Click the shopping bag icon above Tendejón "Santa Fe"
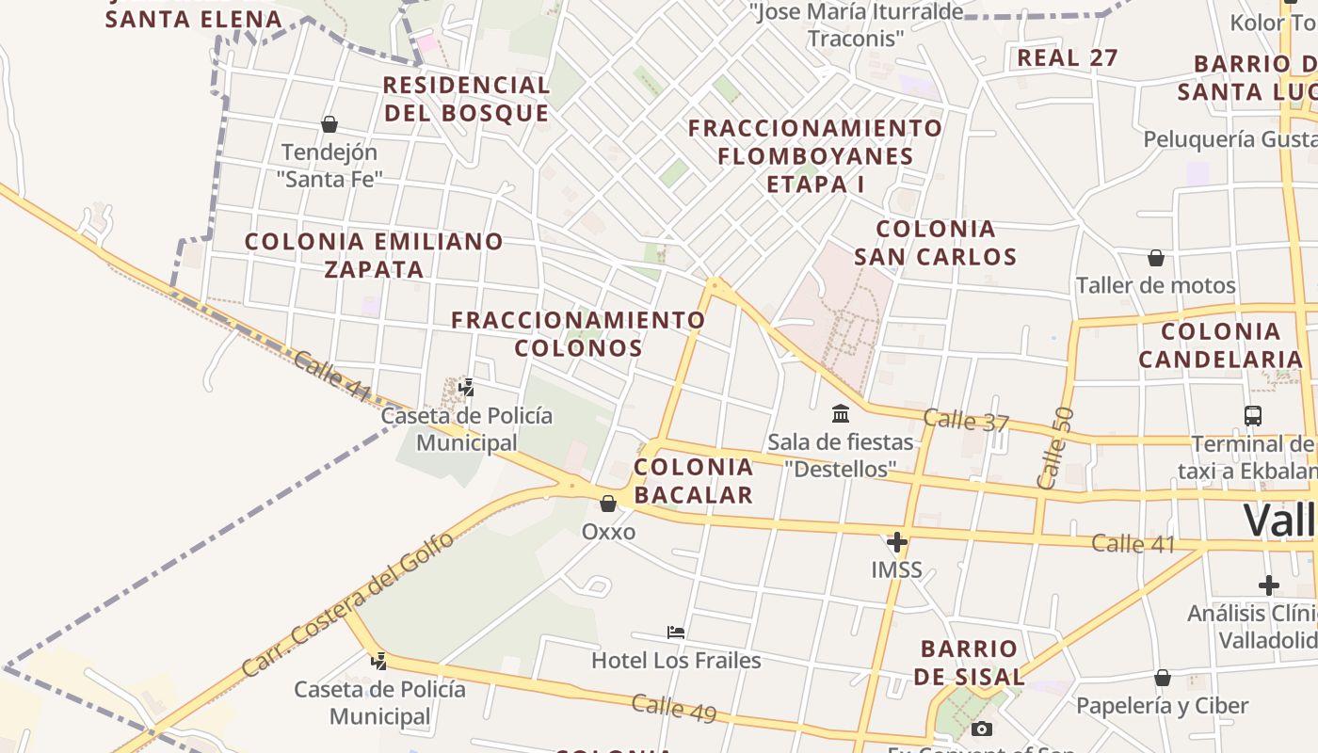[x=329, y=124]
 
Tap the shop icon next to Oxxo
[x=608, y=504]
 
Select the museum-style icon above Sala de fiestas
[x=841, y=413]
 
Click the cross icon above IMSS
[x=896, y=542]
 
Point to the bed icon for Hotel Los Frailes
[x=675, y=632]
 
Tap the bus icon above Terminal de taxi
[x=1252, y=415]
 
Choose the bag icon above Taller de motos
[x=1156, y=258]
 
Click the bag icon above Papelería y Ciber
[x=1163, y=678]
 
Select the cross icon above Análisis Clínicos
[x=1268, y=585]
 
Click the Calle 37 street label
[x=966, y=421]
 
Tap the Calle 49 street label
[x=674, y=708]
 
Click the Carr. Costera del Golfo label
[x=347, y=605]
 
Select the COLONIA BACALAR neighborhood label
[x=694, y=481]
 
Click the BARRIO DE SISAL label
[x=969, y=663]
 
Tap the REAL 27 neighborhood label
[x=1068, y=57]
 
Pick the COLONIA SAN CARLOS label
[x=936, y=243]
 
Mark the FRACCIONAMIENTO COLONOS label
[x=578, y=334]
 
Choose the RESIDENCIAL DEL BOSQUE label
[x=467, y=99]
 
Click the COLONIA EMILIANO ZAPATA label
[x=374, y=255]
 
